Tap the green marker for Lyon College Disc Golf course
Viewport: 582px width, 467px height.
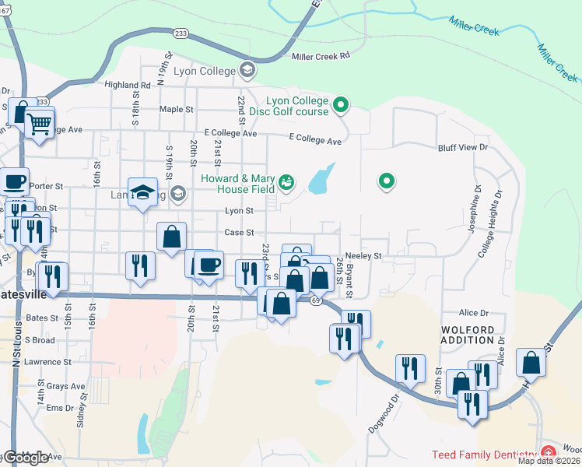(x=340, y=104)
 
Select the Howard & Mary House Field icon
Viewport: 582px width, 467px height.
(x=286, y=182)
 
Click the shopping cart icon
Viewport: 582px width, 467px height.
(x=39, y=122)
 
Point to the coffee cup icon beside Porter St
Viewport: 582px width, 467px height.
(x=13, y=183)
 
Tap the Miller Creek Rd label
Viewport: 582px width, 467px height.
(x=321, y=56)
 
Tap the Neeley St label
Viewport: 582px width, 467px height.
(x=364, y=255)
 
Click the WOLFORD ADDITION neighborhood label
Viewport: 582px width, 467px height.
(x=468, y=335)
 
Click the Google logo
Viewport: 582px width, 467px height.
(x=26, y=458)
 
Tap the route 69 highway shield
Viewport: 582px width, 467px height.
(x=315, y=300)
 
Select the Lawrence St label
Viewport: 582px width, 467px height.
(x=47, y=362)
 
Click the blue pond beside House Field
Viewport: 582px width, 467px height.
(x=321, y=180)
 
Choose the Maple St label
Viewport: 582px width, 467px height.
(x=174, y=109)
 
